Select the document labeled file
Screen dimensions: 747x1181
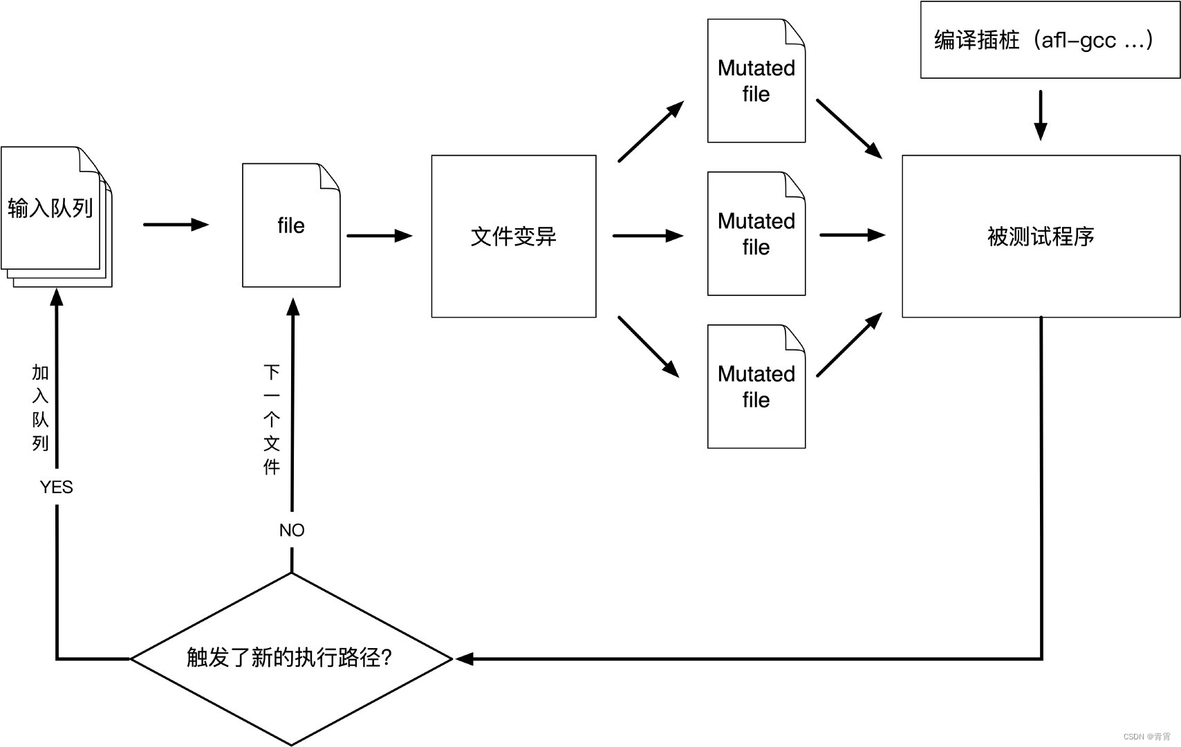tap(291, 225)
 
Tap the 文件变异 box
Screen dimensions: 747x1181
tap(513, 237)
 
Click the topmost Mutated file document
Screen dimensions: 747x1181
tap(756, 81)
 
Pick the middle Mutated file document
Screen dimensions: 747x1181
tap(756, 234)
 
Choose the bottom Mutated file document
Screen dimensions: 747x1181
tap(756, 387)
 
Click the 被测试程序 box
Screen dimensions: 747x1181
tap(1041, 237)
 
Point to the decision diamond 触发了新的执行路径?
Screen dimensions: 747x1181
tap(291, 658)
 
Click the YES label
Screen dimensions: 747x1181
tap(56, 488)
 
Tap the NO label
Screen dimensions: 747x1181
tap(292, 531)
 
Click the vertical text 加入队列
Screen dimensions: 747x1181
tap(40, 408)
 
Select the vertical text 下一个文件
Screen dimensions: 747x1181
tap(272, 420)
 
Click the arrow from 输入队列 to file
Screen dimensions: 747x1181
tap(176, 224)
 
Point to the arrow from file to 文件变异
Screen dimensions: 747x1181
tap(379, 236)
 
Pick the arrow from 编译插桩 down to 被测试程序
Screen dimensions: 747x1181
tap(1040, 115)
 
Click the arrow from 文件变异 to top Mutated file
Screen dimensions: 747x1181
tap(650, 131)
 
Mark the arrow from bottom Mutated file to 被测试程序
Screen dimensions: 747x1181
tap(849, 344)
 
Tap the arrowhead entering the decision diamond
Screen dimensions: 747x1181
tap(465, 659)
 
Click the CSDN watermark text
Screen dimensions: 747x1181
tap(1146, 737)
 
